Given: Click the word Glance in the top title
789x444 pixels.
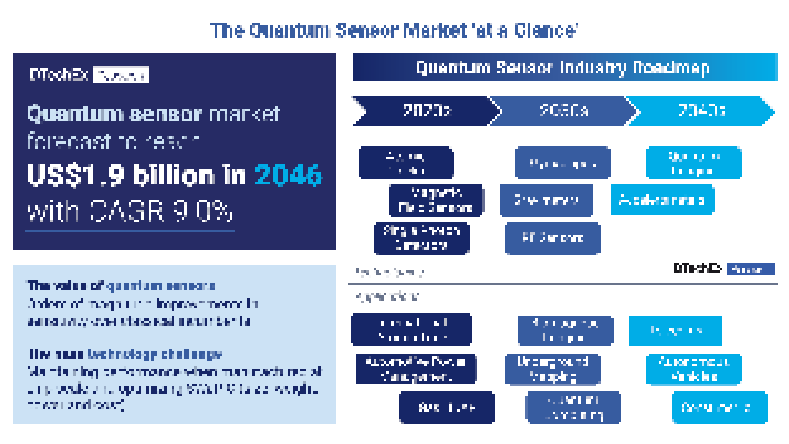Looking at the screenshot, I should coord(545,31).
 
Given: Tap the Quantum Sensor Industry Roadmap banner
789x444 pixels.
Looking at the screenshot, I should coord(565,67).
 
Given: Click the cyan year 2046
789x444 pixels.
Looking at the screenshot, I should coord(288,175).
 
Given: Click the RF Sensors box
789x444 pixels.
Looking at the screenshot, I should coord(553,238).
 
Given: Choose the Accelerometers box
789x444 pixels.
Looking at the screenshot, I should coord(662,200).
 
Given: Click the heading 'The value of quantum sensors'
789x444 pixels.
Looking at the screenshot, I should coord(121,286).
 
